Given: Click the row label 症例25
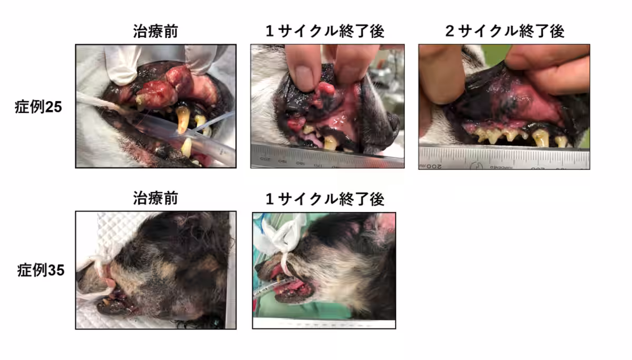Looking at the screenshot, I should [39, 107].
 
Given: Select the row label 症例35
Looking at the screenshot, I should [39, 271].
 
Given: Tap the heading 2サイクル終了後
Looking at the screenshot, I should [504, 31].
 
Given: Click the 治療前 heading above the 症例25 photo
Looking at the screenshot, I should [155, 31].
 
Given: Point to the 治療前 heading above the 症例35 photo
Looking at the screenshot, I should [155, 198].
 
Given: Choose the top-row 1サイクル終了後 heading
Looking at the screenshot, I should [324, 31].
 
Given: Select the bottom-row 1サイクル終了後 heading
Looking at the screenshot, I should [324, 198].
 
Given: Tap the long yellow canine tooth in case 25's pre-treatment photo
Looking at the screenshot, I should [182, 119].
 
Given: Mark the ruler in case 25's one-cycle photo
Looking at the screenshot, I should [327, 158].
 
